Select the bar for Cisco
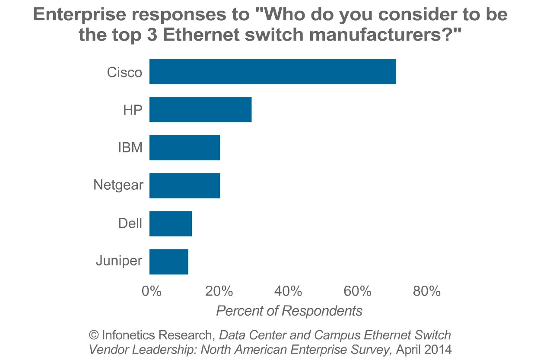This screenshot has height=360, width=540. coord(273,71)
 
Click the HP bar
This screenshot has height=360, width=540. coord(200,110)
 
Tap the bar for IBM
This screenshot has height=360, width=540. coord(184,148)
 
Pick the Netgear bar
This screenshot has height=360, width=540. coord(184,186)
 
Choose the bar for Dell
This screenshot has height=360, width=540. coord(170,224)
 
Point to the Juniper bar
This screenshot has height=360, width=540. coord(168,262)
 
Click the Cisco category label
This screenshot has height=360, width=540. coord(124,72)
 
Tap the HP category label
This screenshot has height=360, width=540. coord(133,110)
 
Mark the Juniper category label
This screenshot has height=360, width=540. coord(119,261)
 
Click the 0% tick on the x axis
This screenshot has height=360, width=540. coord(152,291)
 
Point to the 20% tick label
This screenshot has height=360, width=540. coord(219,291)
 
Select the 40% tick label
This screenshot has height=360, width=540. coord(288,291)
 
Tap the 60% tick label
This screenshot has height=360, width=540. coord(357,291)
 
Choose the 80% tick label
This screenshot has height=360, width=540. coord(426,291)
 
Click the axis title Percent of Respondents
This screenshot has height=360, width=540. coord(289,311)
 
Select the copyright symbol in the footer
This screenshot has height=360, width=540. coord(94,335)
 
